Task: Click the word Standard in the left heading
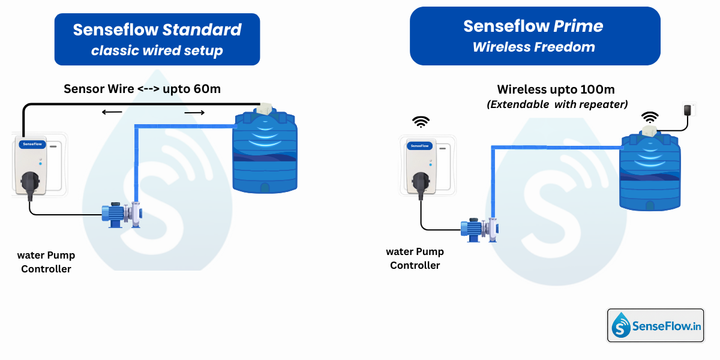[x=202, y=30]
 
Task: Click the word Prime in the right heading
[x=578, y=26]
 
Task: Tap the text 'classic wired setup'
[x=157, y=51]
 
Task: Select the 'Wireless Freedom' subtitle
[x=534, y=47]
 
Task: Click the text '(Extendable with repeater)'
[x=557, y=104]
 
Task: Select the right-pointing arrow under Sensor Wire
[x=194, y=112]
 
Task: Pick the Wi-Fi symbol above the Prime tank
[x=649, y=116]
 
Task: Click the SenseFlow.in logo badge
[x=655, y=326]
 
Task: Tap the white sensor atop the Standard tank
[x=263, y=110]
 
